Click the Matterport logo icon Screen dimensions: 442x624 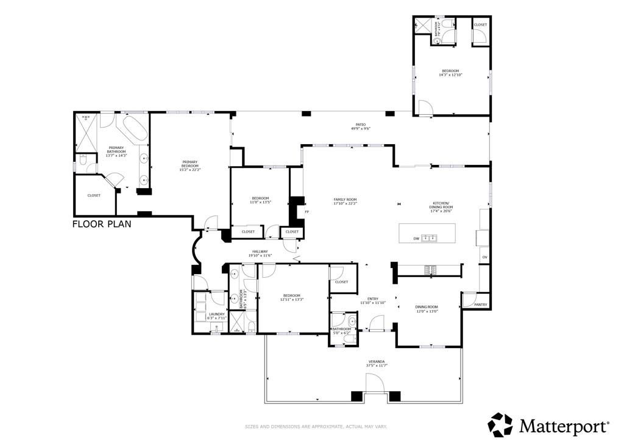click(501, 424)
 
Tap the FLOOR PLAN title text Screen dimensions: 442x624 click(102, 224)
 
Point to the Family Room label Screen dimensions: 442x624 click(345, 200)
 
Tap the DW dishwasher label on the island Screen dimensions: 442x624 click(416, 239)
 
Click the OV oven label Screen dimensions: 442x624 click(484, 257)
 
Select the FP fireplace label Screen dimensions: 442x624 click(307, 212)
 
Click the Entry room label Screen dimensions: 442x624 click(372, 299)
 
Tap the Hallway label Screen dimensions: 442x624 click(260, 251)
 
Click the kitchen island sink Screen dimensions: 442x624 click(430, 238)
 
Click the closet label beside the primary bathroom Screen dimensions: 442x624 click(94, 195)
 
